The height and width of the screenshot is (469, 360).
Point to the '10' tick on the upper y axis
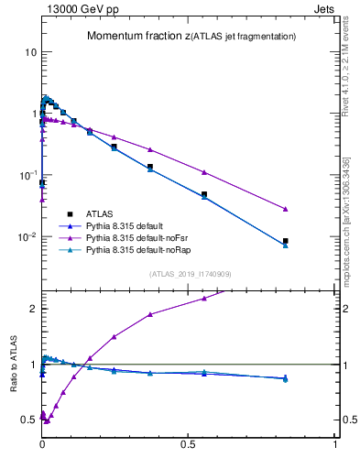(x=29, y=52)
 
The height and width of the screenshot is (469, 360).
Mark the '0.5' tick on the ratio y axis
(x=27, y=420)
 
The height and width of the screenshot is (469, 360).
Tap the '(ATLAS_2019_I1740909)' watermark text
(x=190, y=274)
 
